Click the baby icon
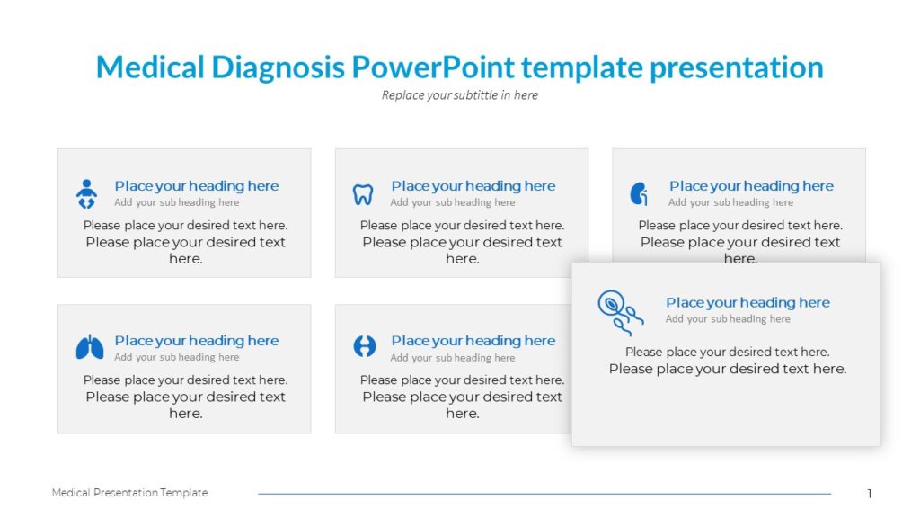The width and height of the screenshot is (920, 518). point(86,194)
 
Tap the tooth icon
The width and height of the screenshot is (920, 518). point(363,194)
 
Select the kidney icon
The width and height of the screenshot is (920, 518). point(639,194)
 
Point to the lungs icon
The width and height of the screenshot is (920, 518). point(90,347)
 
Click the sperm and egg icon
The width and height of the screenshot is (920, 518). point(620,312)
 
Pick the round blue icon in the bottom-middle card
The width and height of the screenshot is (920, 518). point(365,346)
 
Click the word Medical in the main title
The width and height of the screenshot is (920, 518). point(150,67)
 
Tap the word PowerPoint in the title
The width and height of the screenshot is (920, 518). point(433,67)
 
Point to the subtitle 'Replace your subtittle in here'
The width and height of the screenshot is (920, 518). point(460,95)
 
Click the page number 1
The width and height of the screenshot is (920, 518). point(870,494)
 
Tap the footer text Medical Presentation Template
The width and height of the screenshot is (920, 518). point(129,493)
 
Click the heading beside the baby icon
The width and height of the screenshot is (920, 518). point(197,186)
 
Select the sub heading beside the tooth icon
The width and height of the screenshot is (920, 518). point(453,202)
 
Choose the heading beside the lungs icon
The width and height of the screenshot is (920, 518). point(197,341)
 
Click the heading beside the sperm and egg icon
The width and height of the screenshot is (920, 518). point(748,302)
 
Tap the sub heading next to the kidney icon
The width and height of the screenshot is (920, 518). point(731,202)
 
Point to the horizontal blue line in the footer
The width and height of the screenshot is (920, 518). point(544,494)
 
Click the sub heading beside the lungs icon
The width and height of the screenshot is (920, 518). point(177,357)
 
